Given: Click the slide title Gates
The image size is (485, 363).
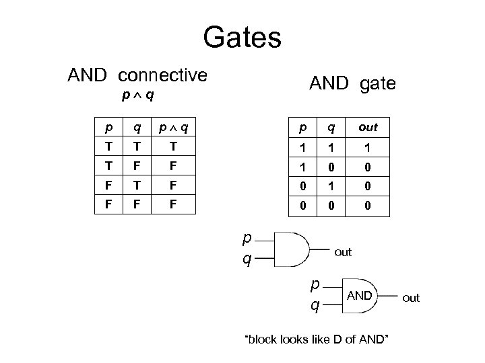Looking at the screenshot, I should [x=242, y=37].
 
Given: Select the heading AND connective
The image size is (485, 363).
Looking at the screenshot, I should [x=137, y=75].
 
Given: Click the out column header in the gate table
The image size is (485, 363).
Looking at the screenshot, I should [x=368, y=127].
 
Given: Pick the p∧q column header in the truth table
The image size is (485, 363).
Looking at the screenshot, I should [x=172, y=127].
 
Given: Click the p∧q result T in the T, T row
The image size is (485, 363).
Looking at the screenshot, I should [x=172, y=146].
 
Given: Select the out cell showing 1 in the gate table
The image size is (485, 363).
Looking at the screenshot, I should [x=368, y=146].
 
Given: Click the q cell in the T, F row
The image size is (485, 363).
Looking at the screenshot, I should [x=137, y=165].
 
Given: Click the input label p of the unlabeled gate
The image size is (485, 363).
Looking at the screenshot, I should [x=248, y=238].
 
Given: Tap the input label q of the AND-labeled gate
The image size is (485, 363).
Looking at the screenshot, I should [x=315, y=306].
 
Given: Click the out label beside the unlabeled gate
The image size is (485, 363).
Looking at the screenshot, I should [x=343, y=252].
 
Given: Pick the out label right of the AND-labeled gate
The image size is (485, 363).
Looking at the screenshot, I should [x=411, y=298].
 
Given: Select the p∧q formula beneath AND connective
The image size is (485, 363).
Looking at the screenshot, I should [x=137, y=95].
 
